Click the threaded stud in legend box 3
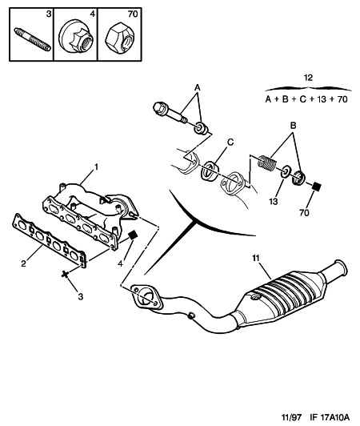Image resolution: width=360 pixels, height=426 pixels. pyautogui.click(x=33, y=39)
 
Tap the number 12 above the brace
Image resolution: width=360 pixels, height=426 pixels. pyautogui.click(x=308, y=78)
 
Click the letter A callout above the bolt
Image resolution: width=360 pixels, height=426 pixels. pyautogui.click(x=198, y=87)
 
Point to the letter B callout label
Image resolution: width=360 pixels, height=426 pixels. pyautogui.click(x=293, y=126)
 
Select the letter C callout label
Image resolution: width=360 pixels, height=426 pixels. pyautogui.click(x=230, y=142)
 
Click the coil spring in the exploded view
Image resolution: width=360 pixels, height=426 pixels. pyautogui.click(x=267, y=163)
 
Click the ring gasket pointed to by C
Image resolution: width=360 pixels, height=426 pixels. pyautogui.click(x=209, y=171)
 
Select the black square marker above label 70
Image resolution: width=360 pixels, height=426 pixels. pyautogui.click(x=316, y=187)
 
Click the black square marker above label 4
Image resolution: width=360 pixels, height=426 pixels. pyautogui.click(x=133, y=235)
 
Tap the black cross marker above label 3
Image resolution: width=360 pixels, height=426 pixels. pyautogui.click(x=65, y=274)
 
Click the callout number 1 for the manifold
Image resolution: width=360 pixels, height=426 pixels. pyautogui.click(x=96, y=167)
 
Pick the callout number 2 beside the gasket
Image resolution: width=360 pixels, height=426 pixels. pyautogui.click(x=24, y=263)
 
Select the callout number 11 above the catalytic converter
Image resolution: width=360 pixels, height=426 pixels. pyautogui.click(x=256, y=258)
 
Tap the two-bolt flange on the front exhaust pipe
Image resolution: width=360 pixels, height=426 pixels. pyautogui.click(x=146, y=296)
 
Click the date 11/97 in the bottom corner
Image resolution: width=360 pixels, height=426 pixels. pyautogui.click(x=291, y=417)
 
